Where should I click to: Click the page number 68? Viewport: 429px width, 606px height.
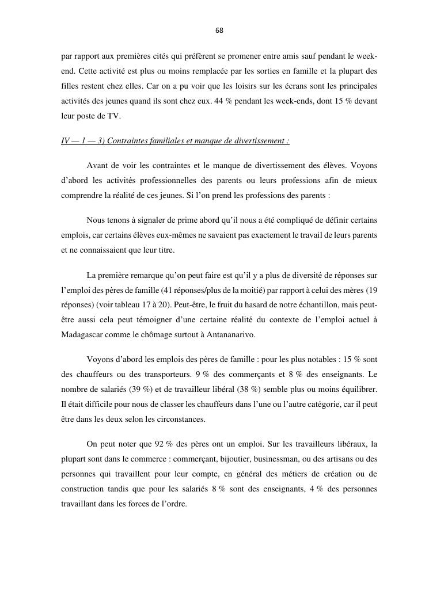click(x=219, y=30)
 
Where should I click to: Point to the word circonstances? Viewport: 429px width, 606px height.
click(x=181, y=419)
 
